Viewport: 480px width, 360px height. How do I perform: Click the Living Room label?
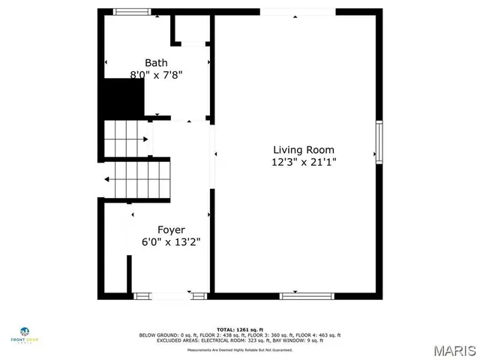coord(303,149)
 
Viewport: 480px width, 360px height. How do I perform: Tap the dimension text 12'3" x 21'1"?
coord(303,162)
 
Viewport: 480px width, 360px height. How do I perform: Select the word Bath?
coord(156,62)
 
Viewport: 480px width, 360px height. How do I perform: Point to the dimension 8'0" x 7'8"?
coord(156,75)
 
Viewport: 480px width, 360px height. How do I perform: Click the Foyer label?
coord(171,229)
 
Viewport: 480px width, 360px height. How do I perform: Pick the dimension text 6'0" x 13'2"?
coord(171,242)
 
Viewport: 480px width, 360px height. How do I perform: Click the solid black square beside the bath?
coord(123,98)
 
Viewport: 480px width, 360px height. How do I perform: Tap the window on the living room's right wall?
coord(379,142)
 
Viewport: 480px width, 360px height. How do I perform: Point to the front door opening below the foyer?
coord(170,296)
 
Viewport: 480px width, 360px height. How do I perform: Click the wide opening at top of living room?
coord(297,12)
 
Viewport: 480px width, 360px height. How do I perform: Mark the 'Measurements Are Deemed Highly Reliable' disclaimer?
coord(241,349)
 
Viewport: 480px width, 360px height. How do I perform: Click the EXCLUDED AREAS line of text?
coord(241,340)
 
